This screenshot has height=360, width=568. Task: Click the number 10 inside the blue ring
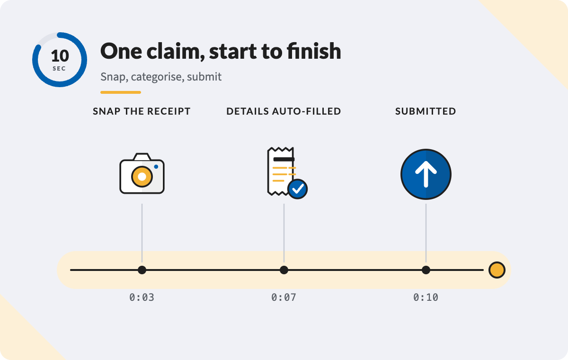coord(60,56)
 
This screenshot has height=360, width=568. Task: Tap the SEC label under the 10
coord(59,69)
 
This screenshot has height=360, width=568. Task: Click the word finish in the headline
coord(314,51)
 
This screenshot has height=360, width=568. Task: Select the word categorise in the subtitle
coord(158,77)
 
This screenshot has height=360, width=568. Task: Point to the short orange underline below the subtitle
coord(121,92)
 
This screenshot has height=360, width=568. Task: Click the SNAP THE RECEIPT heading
coord(142,111)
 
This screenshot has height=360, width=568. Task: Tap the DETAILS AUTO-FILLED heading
coord(284,111)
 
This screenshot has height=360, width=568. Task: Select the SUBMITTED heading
coord(426,111)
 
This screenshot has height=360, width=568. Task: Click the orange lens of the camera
coord(142,177)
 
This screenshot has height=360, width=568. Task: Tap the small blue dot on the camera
coord(156,167)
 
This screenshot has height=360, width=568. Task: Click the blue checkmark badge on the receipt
coord(297,189)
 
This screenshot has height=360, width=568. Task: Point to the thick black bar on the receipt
coord(284,159)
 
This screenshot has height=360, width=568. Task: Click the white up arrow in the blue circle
coord(426,174)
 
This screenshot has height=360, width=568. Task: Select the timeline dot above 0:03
coord(142,270)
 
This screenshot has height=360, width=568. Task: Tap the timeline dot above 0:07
coord(284,270)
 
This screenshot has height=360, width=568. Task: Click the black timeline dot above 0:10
coord(426,270)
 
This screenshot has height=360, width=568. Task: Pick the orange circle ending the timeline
coord(497,270)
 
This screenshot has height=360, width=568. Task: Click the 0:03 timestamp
coord(142,297)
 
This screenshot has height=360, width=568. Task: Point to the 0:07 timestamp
coord(284,297)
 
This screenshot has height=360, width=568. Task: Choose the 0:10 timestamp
coord(426,297)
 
